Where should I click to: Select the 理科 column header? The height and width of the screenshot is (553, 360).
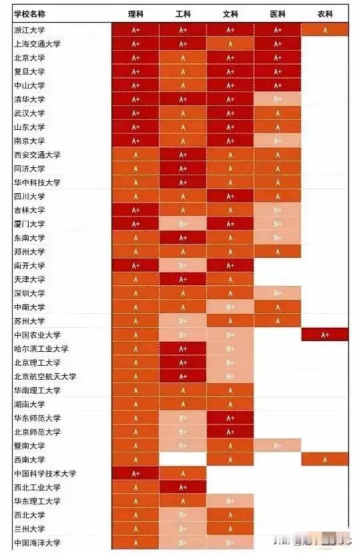coord(135,14)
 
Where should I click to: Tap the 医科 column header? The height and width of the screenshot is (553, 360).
coord(277,14)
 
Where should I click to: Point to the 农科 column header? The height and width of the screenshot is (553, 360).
coord(325,14)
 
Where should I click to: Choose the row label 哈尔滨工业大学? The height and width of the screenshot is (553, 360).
coord(41,348)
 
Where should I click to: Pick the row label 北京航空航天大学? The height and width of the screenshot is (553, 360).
coord(45,376)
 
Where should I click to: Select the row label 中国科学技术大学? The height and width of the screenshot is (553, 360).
coord(45,474)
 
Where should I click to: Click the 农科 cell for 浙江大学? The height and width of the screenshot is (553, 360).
coord(325,30)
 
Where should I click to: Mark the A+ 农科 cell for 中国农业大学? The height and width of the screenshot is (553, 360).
coord(325,334)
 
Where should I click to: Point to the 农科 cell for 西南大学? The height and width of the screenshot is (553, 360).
coord(325,459)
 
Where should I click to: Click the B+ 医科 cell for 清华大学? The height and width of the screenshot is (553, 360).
coord(277,99)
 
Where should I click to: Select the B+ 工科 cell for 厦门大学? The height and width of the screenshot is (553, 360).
coord(182,224)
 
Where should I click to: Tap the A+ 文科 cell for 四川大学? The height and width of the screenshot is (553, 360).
coord(230,197)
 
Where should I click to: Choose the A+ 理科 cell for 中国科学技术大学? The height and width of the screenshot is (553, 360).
coord(135,474)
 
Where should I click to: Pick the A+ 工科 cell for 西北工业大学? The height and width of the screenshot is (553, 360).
coord(182,487)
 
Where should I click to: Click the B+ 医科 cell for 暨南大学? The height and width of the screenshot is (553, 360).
coord(277,446)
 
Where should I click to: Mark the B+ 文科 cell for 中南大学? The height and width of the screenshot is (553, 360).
coord(230,307)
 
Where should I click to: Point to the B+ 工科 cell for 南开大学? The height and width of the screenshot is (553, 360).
coord(182,265)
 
